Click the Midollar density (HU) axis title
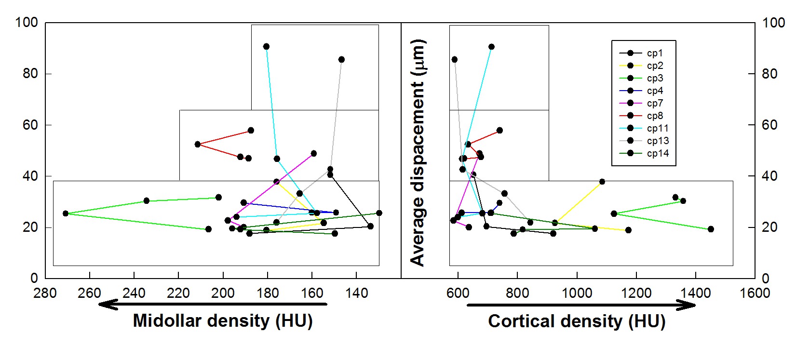(x=222, y=320)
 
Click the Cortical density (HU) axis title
(x=577, y=321)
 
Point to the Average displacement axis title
(x=418, y=152)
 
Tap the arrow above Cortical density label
(x=581, y=305)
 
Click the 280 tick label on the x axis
(x=45, y=293)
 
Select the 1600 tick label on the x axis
(x=755, y=293)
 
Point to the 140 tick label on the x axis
(x=356, y=293)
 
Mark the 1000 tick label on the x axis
(x=577, y=293)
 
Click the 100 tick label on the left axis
(x=27, y=23)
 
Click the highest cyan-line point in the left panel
(x=266, y=47)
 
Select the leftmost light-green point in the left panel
(x=66, y=213)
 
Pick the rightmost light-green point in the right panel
(x=711, y=229)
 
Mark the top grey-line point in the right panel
(x=454, y=60)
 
